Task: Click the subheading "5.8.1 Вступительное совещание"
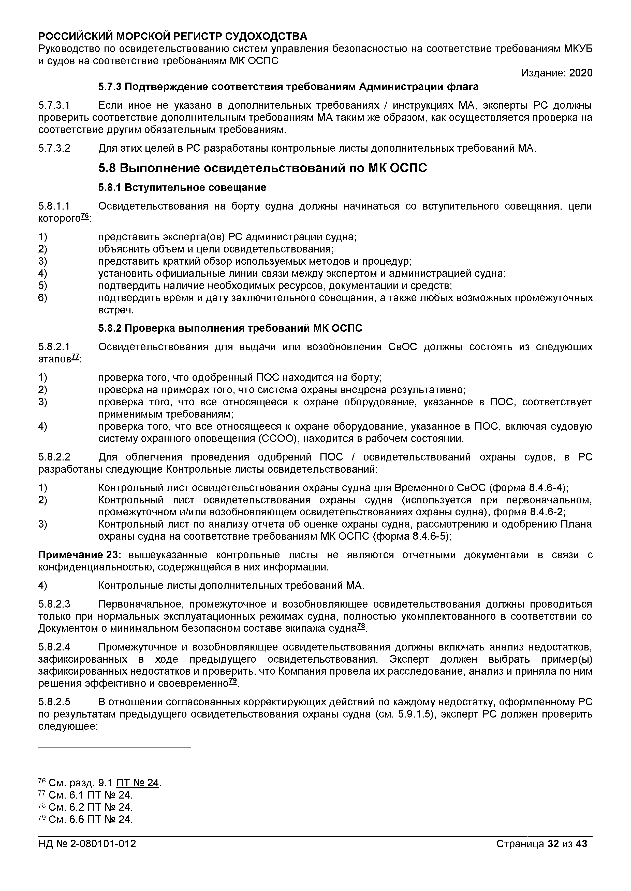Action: (x=182, y=188)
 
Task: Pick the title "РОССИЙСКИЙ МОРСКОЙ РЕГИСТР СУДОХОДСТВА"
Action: (x=172, y=37)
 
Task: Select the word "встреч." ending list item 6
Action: (x=116, y=310)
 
